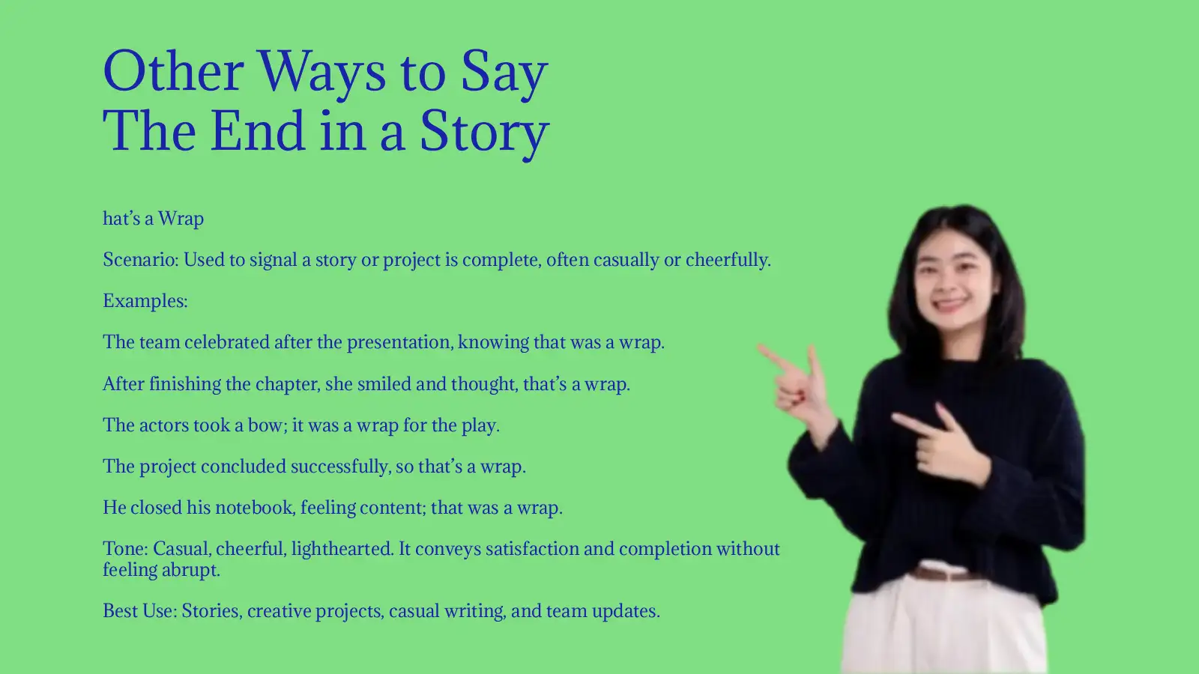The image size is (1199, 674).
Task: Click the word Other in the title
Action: pos(173,72)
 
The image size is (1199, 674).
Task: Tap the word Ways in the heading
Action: pos(321,72)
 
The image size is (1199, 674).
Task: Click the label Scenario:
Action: pos(140,260)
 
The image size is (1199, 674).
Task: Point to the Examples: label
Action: pos(145,301)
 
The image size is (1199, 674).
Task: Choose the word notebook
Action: pos(254,508)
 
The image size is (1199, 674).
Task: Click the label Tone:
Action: pos(125,549)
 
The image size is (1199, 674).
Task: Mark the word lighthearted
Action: pos(342,549)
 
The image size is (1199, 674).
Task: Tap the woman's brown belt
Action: pos(946,574)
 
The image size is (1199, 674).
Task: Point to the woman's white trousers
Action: pos(944,629)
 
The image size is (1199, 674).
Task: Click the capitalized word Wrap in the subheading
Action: pos(181,219)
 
